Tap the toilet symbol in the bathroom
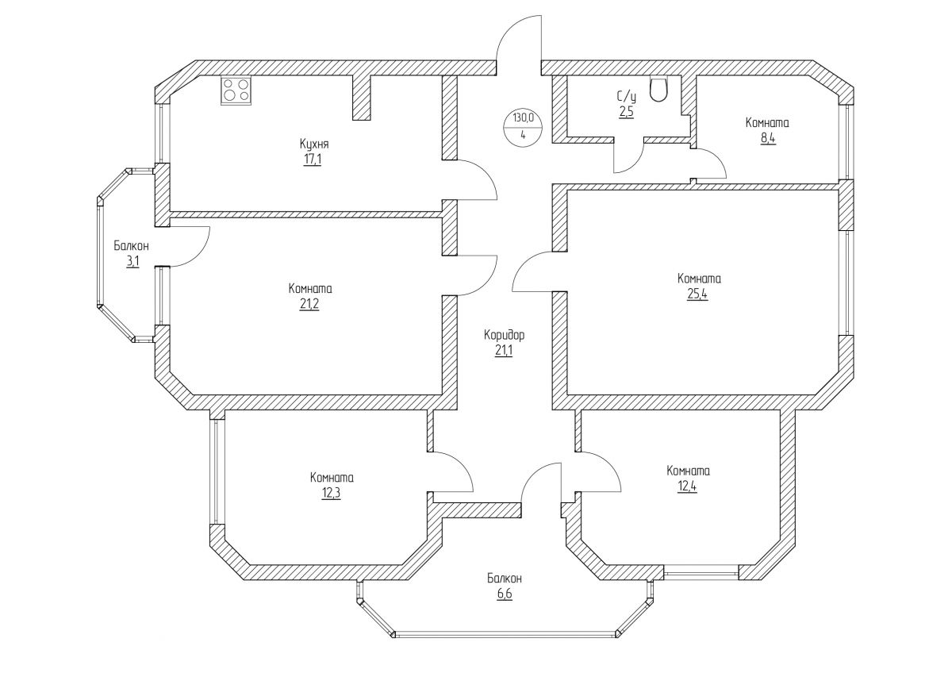[x=658, y=89]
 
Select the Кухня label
[x=314, y=144]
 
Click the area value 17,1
[x=314, y=160]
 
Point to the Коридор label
[x=505, y=335]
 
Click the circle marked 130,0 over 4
[x=523, y=125]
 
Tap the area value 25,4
[x=698, y=294]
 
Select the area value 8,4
[x=766, y=138]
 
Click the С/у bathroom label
[x=627, y=97]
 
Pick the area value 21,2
[x=310, y=305]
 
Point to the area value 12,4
[x=688, y=486]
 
